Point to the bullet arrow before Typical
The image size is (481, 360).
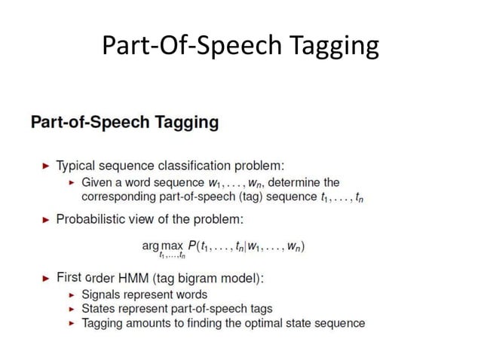point(47,166)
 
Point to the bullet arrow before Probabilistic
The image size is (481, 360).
point(47,219)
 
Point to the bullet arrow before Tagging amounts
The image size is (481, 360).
point(72,323)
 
